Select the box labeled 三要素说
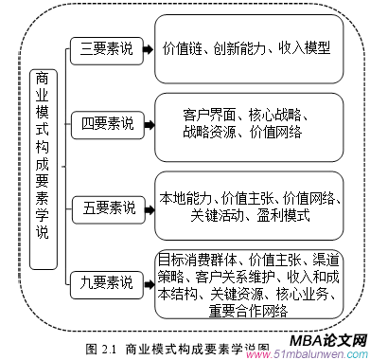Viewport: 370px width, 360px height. tap(107, 46)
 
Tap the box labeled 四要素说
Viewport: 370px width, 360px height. tap(106, 123)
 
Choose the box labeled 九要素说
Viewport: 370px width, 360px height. tap(106, 280)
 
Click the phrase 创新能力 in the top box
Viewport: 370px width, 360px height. tap(244, 47)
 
